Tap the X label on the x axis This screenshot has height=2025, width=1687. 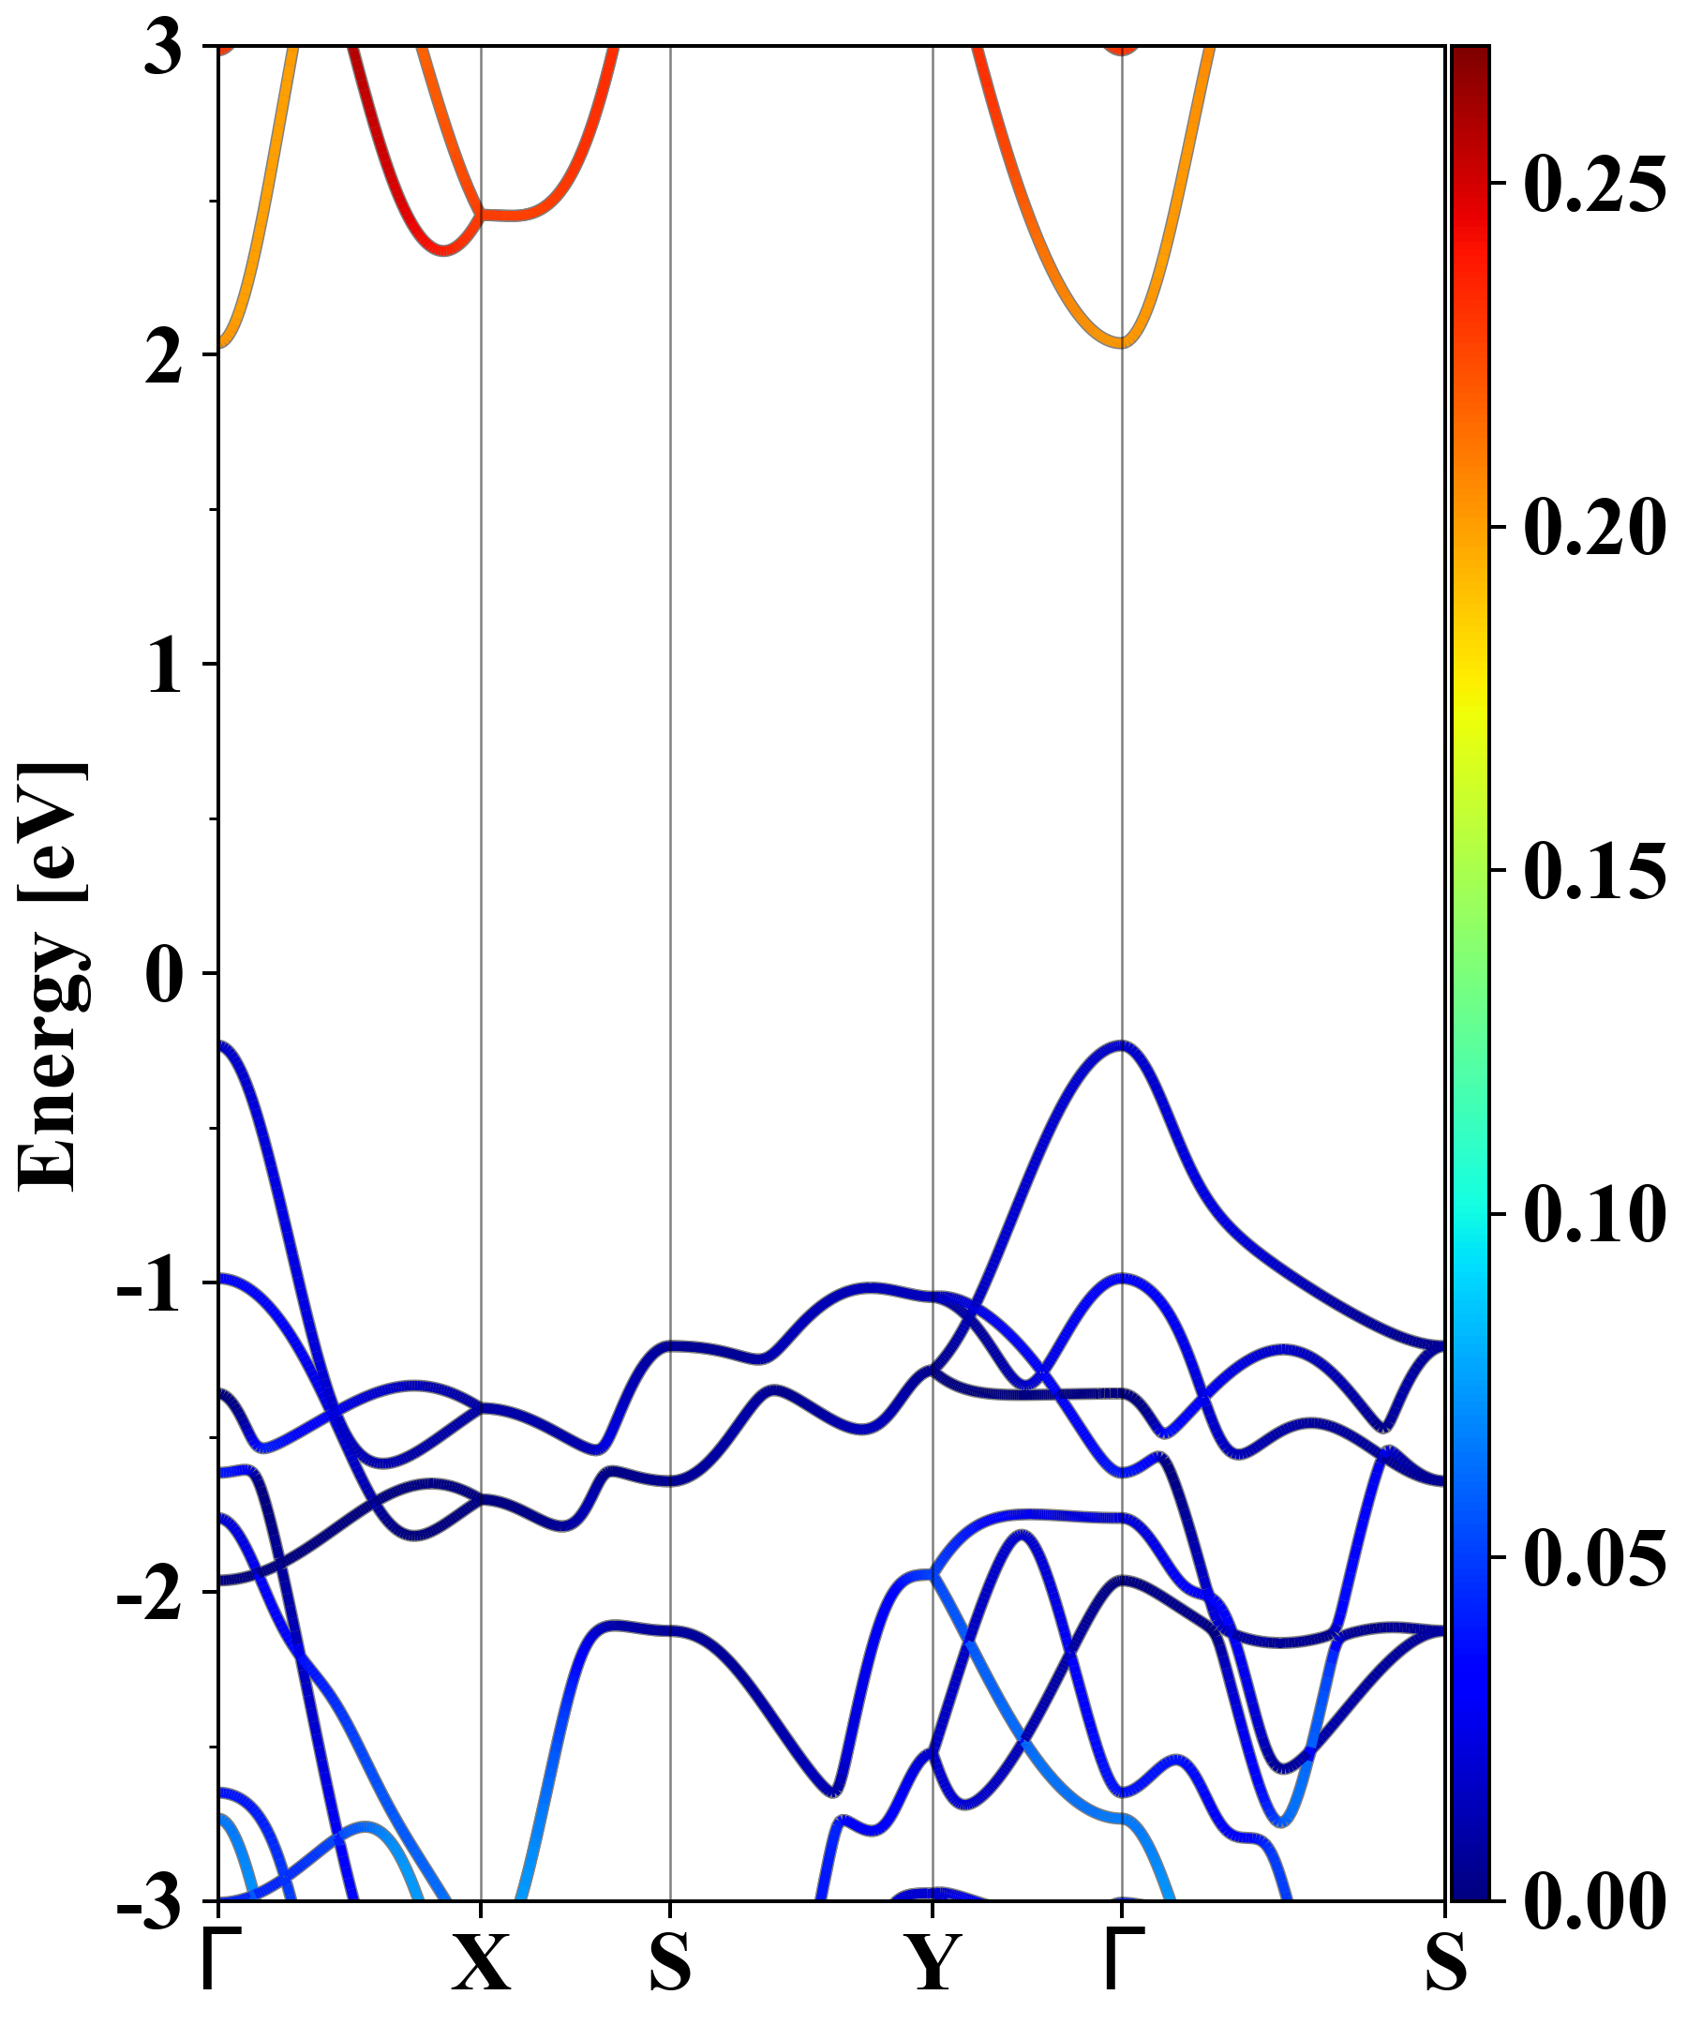481,1962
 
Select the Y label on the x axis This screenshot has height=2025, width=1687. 933,1962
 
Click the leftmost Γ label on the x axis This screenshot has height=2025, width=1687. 218,1960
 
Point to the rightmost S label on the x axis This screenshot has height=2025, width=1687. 1446,1962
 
